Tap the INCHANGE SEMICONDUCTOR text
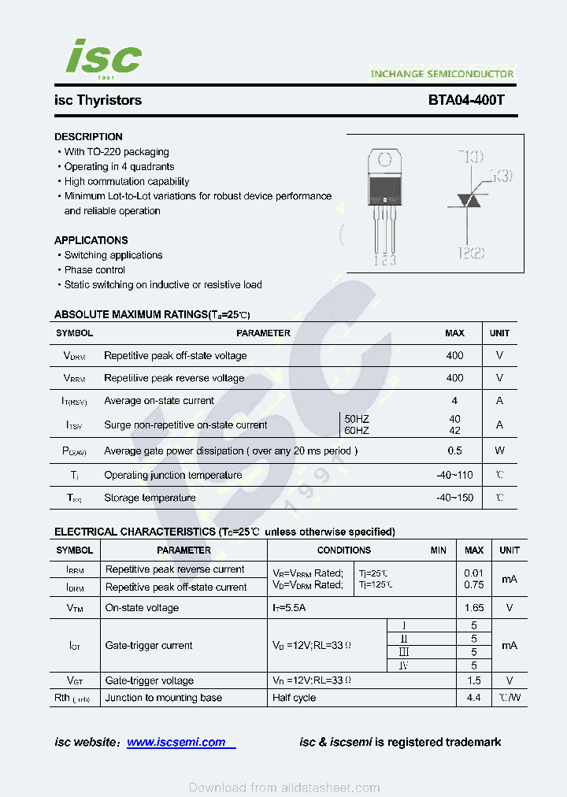pyautogui.click(x=442, y=74)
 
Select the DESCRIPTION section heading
pyautogui.click(x=88, y=137)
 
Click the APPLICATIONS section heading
pyautogui.click(x=91, y=240)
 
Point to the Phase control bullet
pyautogui.click(x=94, y=270)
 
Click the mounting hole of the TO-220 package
pyautogui.click(x=384, y=158)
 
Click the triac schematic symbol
pyautogui.click(x=469, y=201)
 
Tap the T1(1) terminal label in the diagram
pyautogui.click(x=471, y=157)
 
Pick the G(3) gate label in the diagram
pyautogui.click(x=500, y=176)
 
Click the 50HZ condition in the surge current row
pyautogui.click(x=357, y=419)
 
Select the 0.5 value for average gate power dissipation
pyautogui.click(x=454, y=451)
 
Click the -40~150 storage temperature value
pyautogui.click(x=454, y=498)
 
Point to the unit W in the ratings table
pyautogui.click(x=499, y=451)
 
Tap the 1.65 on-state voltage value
pyautogui.click(x=474, y=608)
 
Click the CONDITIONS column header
pyautogui.click(x=343, y=550)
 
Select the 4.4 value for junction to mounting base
pyautogui.click(x=473, y=698)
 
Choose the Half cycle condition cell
pyautogui.click(x=295, y=698)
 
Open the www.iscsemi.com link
pyautogui.click(x=176, y=742)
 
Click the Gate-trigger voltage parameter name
pyautogui.click(x=149, y=680)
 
